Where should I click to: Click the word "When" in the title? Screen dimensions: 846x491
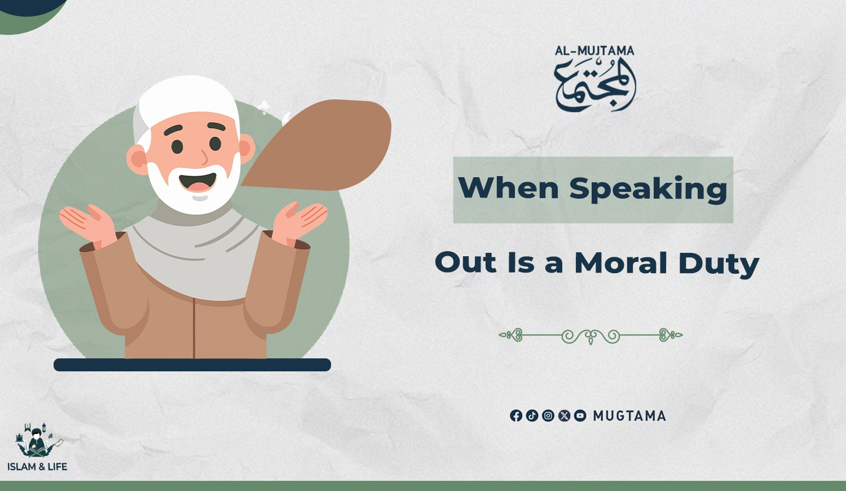508,188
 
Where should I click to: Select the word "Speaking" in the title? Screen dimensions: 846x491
648,190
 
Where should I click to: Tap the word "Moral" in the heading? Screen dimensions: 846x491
621,262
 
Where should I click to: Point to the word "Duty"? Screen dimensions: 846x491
719,264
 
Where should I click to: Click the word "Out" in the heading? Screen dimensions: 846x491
465,262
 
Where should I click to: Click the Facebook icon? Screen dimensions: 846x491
516,416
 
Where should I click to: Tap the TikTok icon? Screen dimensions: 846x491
532,416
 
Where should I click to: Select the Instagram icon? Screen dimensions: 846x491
548,416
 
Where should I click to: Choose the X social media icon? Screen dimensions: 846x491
564,416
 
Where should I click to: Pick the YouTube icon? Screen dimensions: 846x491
580,416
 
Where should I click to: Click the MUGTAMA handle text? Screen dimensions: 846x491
629,416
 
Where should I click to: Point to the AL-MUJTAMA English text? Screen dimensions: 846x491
595,51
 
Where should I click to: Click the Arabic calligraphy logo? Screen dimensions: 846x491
595,85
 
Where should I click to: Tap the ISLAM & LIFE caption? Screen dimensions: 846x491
37,467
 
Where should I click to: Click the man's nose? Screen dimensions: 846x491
205,157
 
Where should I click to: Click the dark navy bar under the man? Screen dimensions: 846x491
192,365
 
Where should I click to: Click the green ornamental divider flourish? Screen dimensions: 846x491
591,335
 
